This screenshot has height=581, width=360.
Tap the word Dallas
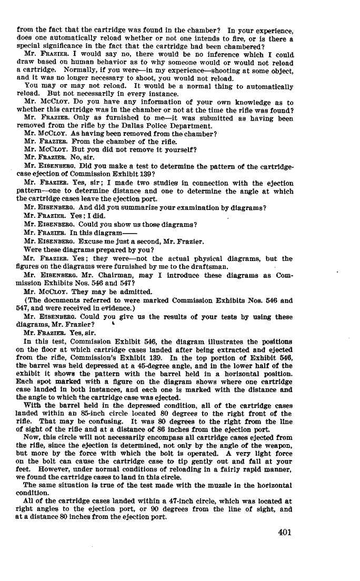pos(147,126)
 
